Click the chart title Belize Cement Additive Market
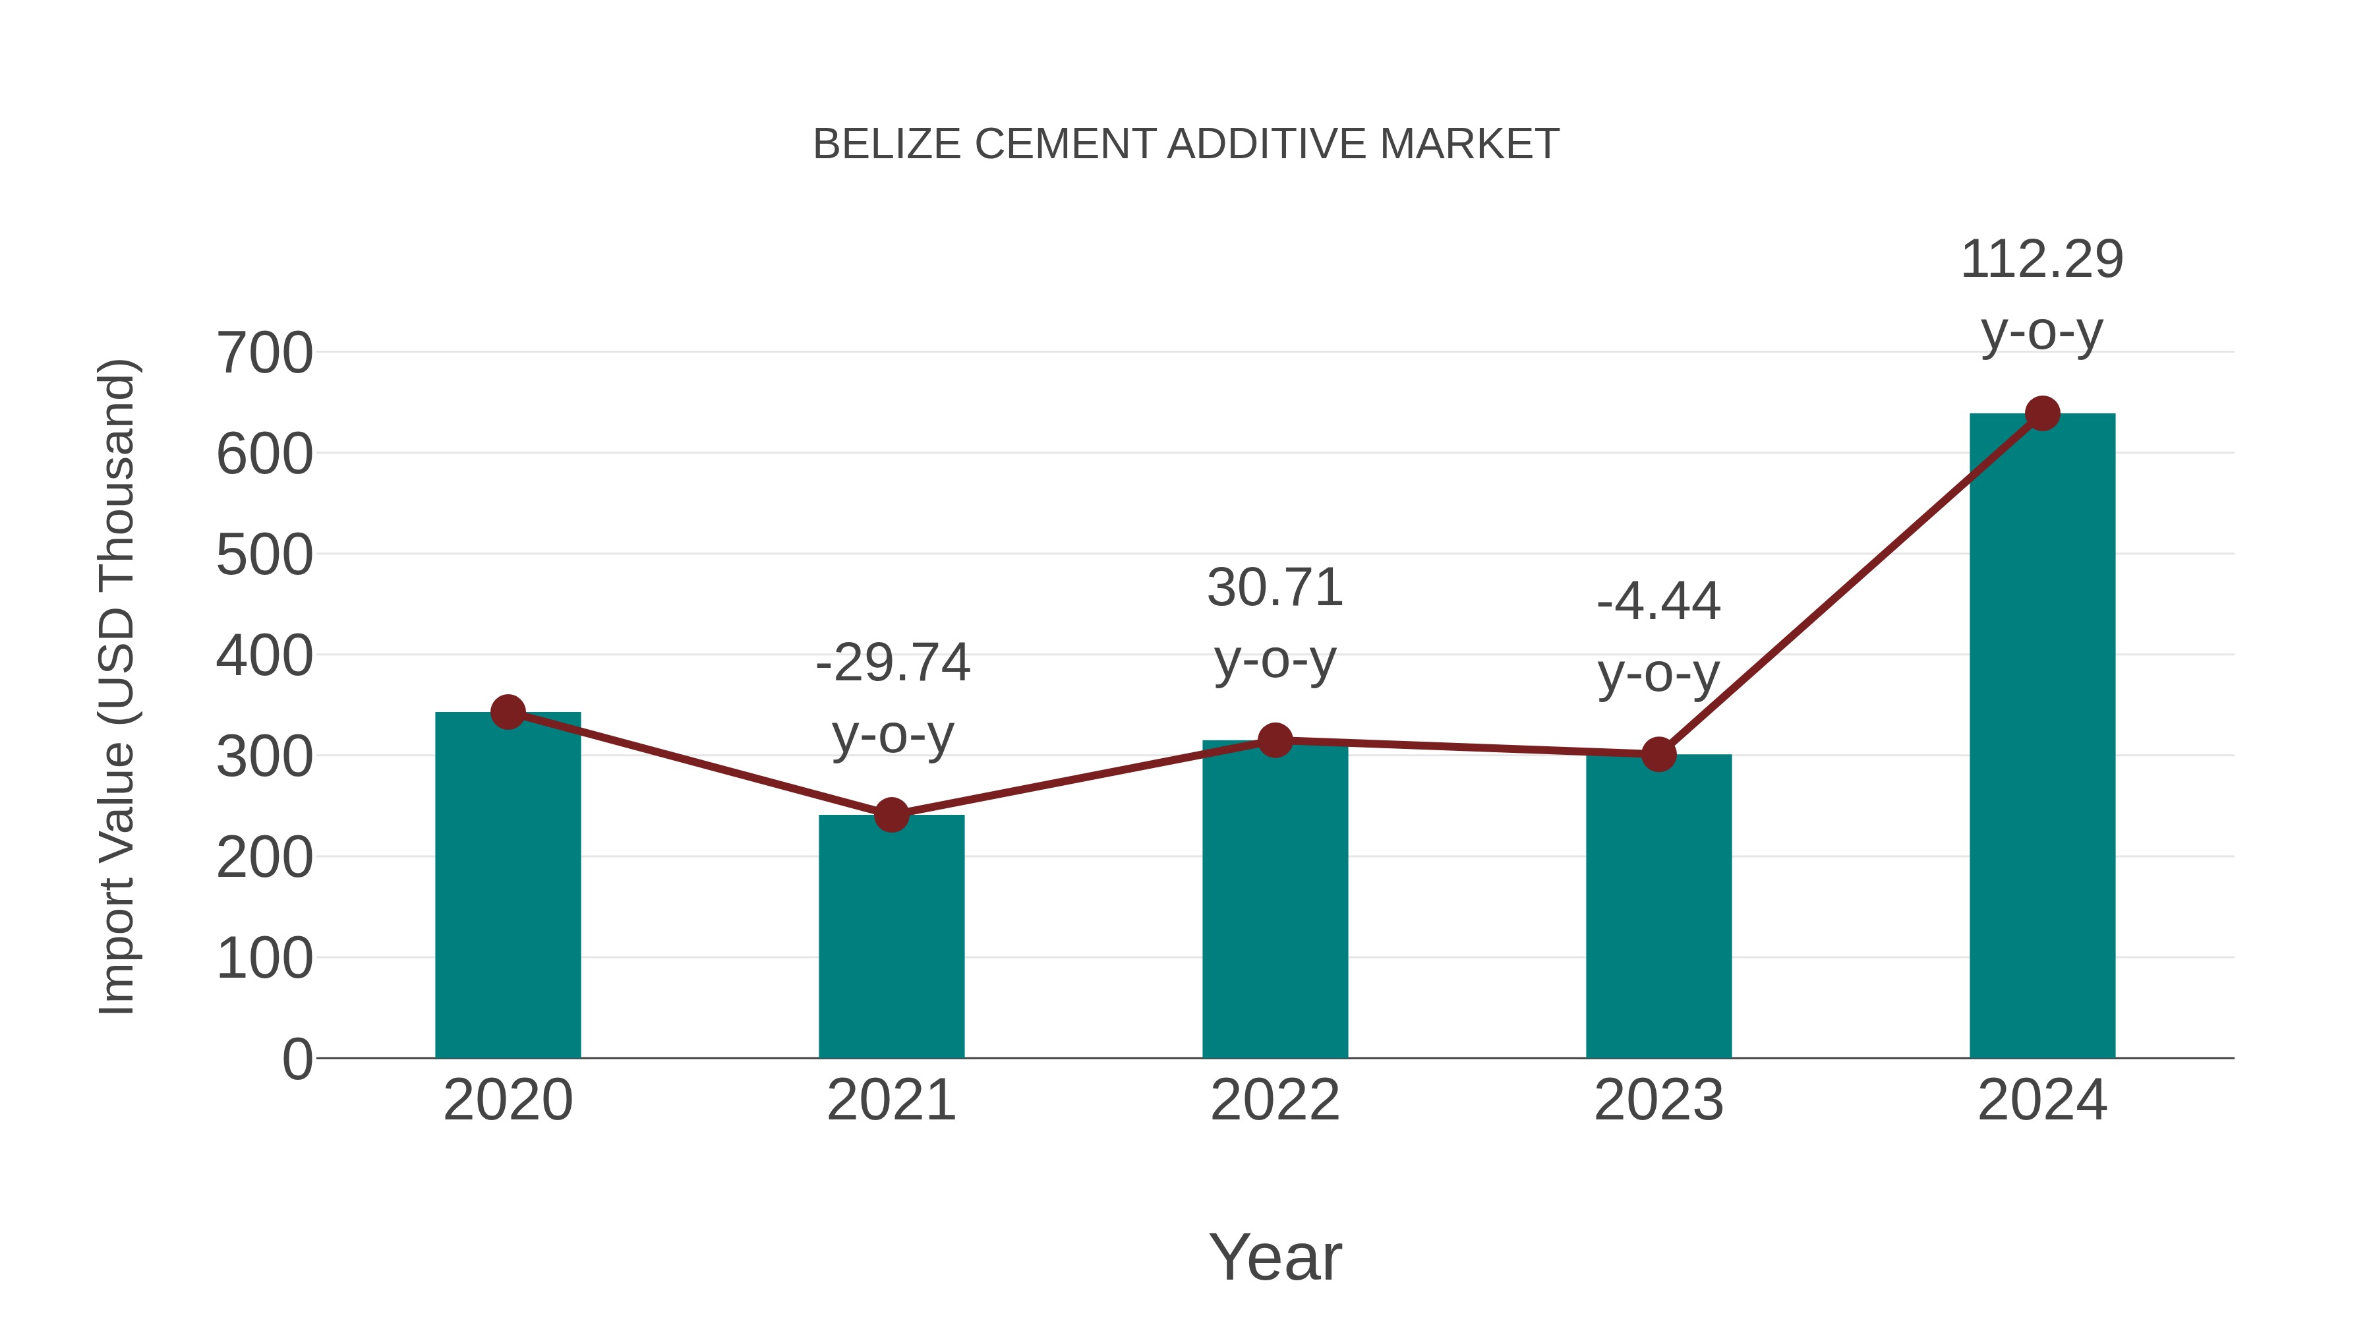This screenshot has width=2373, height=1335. tap(1186, 144)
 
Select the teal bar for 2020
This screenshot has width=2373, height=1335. tap(508, 885)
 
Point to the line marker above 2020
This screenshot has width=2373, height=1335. tap(508, 711)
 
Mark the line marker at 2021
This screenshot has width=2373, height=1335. tap(891, 814)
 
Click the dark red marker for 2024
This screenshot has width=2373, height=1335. tap(2042, 413)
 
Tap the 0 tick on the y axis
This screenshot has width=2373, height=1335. tap(297, 1059)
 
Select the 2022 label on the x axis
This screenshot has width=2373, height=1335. tap(1275, 1100)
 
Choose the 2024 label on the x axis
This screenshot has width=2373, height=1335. tap(2042, 1100)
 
